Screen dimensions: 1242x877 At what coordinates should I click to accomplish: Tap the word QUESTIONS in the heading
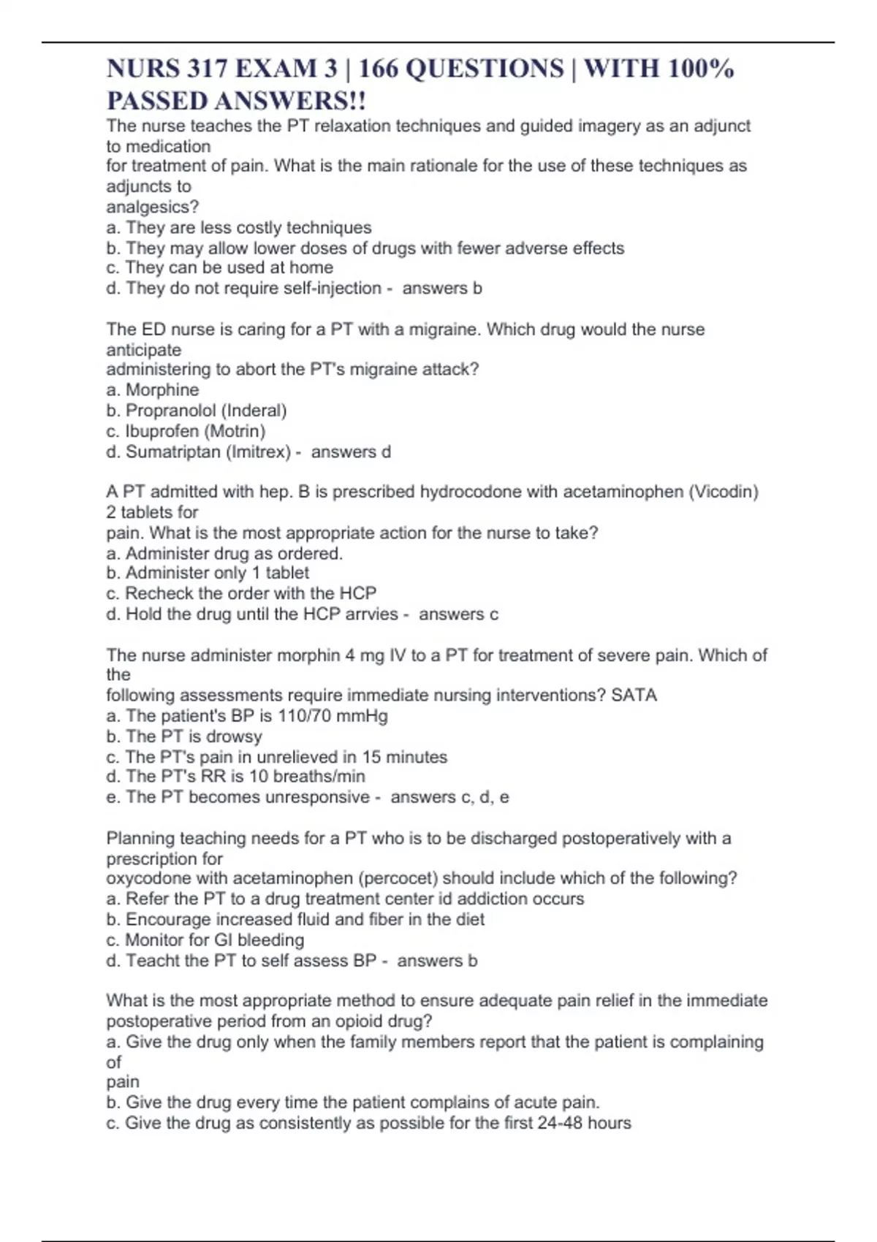(x=484, y=69)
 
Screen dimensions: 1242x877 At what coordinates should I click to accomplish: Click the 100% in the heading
(x=701, y=69)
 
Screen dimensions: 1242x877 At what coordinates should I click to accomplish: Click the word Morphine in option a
(x=162, y=390)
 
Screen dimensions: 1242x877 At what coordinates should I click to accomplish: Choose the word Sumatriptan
(x=173, y=452)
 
